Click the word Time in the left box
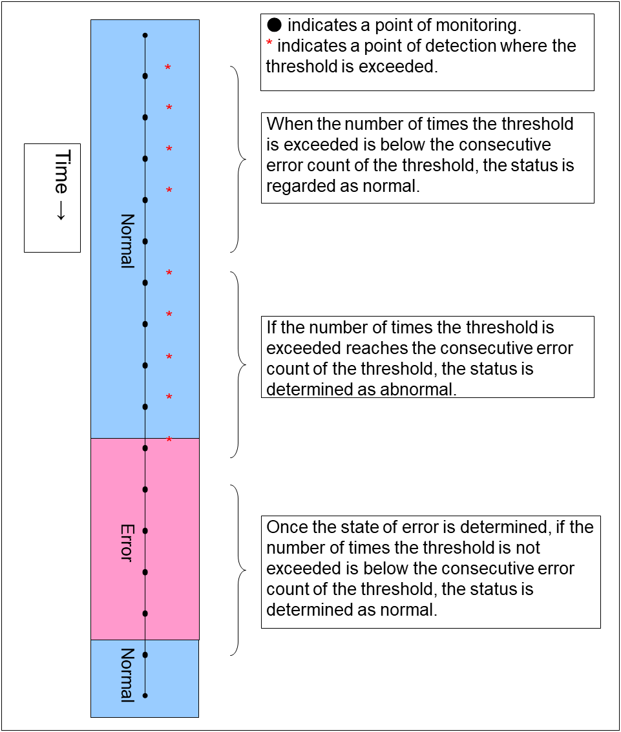click(x=61, y=171)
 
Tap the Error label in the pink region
click(x=127, y=542)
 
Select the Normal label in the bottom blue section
click(x=127, y=674)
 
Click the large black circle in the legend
click(x=274, y=26)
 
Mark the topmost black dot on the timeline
click(x=145, y=35)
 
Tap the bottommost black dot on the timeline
click(x=145, y=696)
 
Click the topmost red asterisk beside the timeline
click(x=168, y=68)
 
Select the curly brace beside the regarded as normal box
click(x=239, y=158)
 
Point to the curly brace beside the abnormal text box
click(x=239, y=364)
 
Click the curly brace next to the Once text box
click(x=238, y=570)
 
